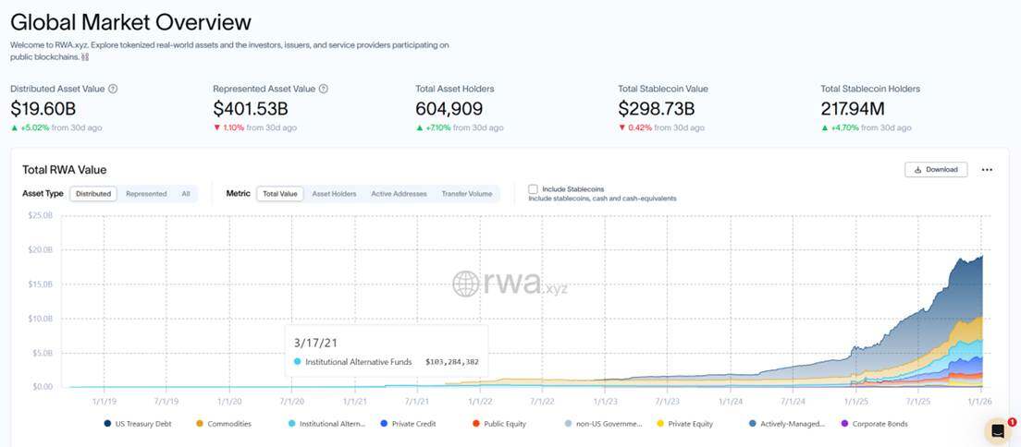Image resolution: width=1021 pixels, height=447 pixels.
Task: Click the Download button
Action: [x=936, y=170]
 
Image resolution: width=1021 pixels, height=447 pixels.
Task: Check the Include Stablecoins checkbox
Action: [x=533, y=189]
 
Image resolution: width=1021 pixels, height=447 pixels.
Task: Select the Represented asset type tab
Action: [x=146, y=194]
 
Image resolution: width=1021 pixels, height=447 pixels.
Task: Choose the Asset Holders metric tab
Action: [x=334, y=194]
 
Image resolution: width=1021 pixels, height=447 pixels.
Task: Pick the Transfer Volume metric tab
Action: [x=467, y=194]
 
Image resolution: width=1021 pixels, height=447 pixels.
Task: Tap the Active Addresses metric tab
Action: [x=399, y=194]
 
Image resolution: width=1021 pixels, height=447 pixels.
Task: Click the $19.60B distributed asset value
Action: [x=43, y=109]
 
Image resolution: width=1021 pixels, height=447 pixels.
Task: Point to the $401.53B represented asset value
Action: [x=250, y=109]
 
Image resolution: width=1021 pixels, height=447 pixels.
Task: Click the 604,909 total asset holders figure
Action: [x=449, y=109]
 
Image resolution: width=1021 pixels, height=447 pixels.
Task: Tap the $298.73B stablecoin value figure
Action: [x=657, y=109]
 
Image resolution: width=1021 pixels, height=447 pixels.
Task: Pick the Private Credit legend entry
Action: [x=412, y=424]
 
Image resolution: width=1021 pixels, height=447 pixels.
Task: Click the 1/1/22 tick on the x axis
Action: [x=480, y=402]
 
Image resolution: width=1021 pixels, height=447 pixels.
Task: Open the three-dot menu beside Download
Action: [x=987, y=170]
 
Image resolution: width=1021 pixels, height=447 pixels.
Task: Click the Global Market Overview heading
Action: [x=130, y=21]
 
